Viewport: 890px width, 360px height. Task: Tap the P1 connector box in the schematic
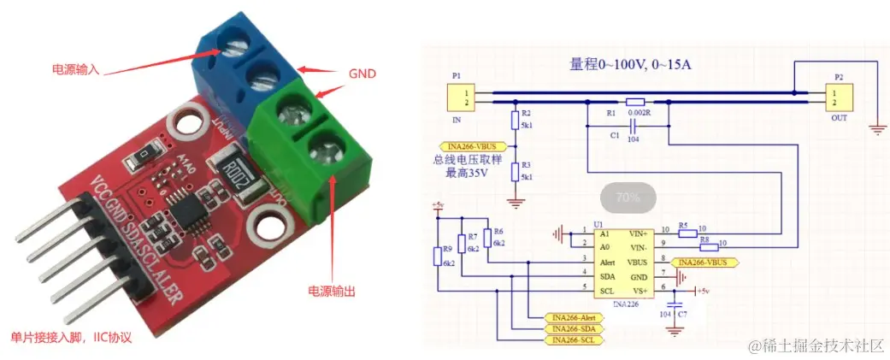pos(463,97)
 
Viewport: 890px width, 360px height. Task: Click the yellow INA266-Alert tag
pos(574,317)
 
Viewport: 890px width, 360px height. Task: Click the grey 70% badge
pos(628,198)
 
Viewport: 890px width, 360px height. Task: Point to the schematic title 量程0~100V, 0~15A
pos(631,65)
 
